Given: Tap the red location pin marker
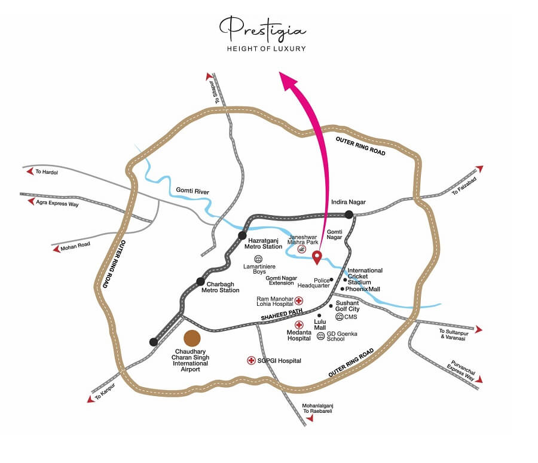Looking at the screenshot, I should pos(317,257).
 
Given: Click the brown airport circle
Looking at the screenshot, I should pos(192,338).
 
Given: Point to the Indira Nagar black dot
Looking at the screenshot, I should pos(349,213).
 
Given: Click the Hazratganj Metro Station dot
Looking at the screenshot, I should pos(242,235).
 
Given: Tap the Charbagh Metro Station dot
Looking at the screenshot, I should pos(200,281).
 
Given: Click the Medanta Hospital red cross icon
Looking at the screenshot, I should pos(299,324).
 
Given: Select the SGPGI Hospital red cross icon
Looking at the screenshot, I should pos(251,360).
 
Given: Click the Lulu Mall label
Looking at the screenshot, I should pos(320,324).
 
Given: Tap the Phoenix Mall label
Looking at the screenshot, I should pos(363,289).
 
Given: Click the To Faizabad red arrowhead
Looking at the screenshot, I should pos(479,169).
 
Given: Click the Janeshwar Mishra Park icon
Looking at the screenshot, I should pos(302,250).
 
